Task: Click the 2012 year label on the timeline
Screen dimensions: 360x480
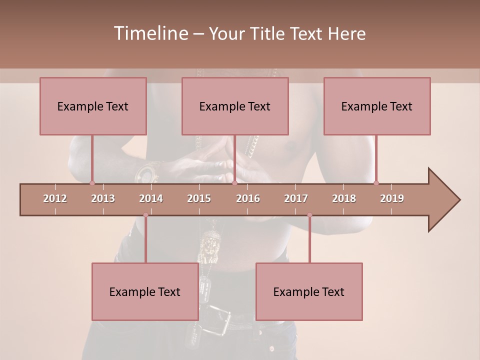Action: point(55,198)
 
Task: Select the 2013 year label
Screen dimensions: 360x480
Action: point(103,198)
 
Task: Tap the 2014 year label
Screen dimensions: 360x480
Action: point(151,198)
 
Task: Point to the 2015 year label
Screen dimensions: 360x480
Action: point(199,198)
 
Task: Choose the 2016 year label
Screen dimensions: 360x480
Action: point(248,198)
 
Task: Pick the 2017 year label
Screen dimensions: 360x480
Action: point(296,198)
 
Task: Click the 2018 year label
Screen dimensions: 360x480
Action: point(344,198)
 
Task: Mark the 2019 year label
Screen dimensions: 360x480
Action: point(392,198)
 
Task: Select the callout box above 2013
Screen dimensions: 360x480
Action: point(93,106)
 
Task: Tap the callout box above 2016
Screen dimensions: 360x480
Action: point(235,106)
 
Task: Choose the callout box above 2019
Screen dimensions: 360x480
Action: point(377,106)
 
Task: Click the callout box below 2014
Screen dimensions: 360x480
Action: point(145,291)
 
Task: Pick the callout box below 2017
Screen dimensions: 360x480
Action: point(309,291)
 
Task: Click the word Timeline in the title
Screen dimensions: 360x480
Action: point(150,33)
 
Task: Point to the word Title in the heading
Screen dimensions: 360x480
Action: point(268,33)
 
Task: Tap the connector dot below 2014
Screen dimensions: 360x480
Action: point(145,215)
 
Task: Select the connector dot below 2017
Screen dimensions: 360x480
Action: point(309,215)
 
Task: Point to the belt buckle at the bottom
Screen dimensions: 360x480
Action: point(220,323)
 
